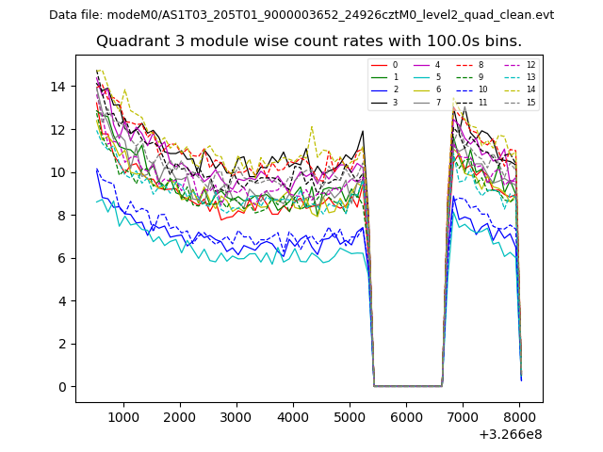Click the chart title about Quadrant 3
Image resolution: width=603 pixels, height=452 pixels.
click(x=308, y=41)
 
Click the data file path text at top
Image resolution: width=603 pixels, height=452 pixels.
click(x=301, y=15)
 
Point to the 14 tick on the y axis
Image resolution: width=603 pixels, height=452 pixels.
click(x=57, y=87)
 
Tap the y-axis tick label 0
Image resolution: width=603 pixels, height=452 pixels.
click(x=61, y=387)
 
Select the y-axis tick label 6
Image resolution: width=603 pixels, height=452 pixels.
click(x=61, y=258)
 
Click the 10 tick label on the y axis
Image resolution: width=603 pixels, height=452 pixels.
click(x=57, y=172)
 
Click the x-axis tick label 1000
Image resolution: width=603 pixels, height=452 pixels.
click(x=123, y=416)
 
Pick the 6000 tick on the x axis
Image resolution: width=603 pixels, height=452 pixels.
click(x=406, y=416)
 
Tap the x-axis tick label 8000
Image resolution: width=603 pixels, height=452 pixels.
click(x=519, y=416)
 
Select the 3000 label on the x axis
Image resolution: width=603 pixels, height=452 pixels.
click(x=236, y=416)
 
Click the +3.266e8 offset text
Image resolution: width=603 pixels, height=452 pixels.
click(x=510, y=434)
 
